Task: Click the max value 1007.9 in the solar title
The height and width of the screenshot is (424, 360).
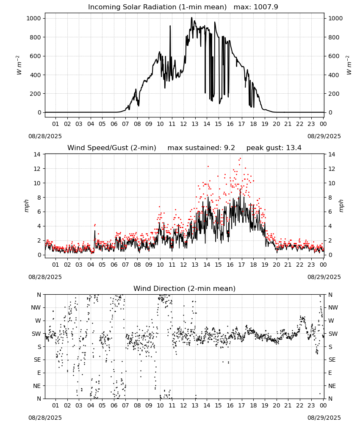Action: [x=266, y=7]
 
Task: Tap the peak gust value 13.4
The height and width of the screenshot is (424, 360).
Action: [x=294, y=148]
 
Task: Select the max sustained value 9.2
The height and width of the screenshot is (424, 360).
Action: [x=229, y=148]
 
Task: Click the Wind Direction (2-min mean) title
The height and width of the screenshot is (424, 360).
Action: [x=185, y=288]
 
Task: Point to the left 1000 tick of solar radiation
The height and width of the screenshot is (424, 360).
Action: [x=33, y=18]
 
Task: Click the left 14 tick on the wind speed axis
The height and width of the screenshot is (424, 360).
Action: [x=37, y=154]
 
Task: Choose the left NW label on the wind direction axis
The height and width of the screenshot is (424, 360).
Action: [x=36, y=307]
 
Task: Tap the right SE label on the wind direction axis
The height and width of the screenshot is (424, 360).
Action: [x=332, y=360]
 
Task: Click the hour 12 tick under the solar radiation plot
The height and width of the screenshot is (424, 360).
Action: [x=183, y=124]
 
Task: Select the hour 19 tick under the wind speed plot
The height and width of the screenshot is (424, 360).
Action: [x=265, y=265]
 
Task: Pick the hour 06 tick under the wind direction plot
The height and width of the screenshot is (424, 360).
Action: [x=114, y=405]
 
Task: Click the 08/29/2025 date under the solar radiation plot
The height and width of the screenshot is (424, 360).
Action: [x=324, y=136]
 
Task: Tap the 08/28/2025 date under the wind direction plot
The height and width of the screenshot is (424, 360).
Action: [x=45, y=418]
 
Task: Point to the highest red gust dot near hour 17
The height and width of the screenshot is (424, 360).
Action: [x=240, y=159]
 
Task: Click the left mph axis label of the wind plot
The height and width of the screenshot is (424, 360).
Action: [x=26, y=206]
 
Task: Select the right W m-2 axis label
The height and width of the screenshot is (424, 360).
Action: [x=349, y=65]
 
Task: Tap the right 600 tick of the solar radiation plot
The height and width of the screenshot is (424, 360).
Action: [x=334, y=56]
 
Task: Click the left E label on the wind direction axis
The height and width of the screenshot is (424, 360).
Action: [x=39, y=373]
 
